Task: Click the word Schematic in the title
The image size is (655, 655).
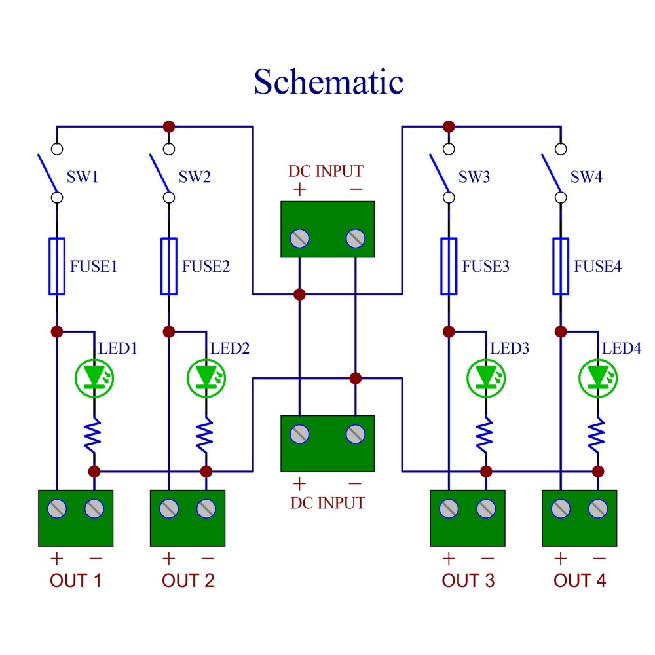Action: [329, 83]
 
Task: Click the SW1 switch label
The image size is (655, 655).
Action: [83, 177]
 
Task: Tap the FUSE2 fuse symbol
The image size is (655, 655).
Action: [169, 266]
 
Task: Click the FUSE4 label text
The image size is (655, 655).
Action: [597, 267]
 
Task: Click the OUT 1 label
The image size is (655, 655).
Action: [76, 580]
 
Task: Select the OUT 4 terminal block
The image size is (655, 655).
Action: [579, 517]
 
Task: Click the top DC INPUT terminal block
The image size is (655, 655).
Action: [327, 229]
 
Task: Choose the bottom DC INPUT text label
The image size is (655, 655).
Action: [327, 503]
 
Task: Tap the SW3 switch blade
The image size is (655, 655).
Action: [439, 172]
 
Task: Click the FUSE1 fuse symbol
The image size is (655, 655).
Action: [57, 266]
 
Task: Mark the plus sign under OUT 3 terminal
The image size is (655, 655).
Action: [449, 559]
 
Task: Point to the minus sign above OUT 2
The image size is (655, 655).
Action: [207, 559]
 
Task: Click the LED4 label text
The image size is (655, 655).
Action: [622, 348]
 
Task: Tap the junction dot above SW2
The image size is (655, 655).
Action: [169, 126]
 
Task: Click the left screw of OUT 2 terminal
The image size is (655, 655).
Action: [169, 508]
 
